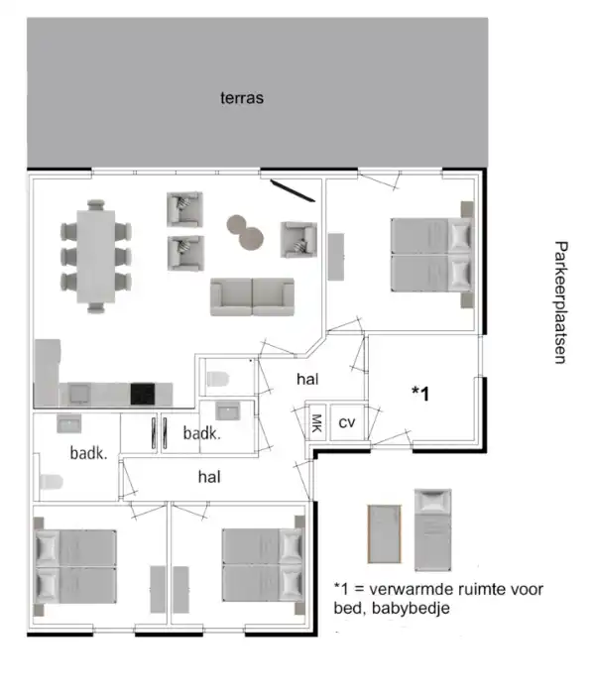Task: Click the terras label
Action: coord(242,98)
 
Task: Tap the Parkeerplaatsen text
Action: coord(560,302)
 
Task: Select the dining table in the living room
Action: coord(96,257)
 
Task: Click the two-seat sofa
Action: coord(252,296)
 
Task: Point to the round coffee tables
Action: coord(245,232)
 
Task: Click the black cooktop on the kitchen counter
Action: coord(143,394)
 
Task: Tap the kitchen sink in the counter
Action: coord(78,394)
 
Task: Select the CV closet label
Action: coord(347,422)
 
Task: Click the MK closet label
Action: coord(316,422)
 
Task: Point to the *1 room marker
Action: coord(420,394)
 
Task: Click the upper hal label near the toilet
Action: coord(307,379)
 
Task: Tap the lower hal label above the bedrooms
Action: coord(209,477)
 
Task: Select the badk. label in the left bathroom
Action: coord(88,453)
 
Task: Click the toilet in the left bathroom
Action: coord(51,482)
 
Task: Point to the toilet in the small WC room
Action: coord(218,379)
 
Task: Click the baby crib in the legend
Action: coord(384,533)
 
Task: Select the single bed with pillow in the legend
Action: coord(432,529)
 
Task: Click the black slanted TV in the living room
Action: coord(293,190)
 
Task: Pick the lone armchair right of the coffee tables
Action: coord(298,240)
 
